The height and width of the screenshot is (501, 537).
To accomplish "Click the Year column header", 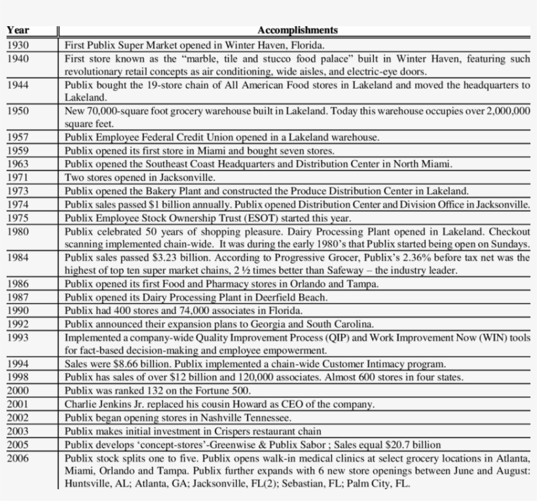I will (x=18, y=30).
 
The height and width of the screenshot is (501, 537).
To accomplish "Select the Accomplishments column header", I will (x=297, y=30).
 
